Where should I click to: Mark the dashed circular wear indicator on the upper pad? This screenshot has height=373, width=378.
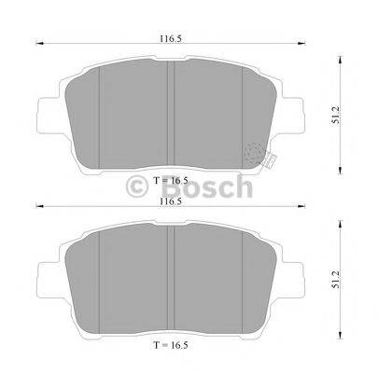pyautogui.click(x=253, y=152)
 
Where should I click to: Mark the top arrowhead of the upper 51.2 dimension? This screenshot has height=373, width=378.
pyautogui.click(x=334, y=54)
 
